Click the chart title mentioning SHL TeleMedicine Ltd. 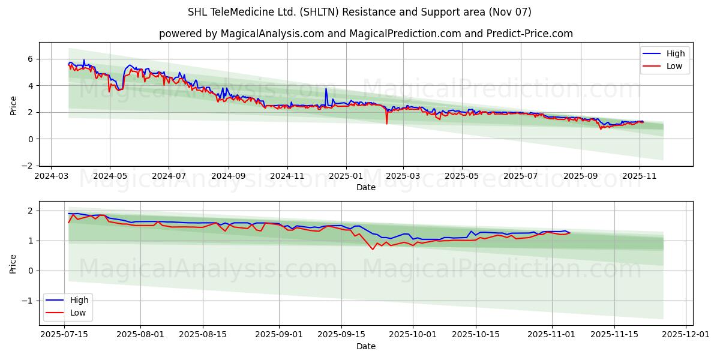click(359, 12)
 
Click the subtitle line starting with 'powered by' click(365, 34)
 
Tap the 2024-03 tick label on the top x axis click(51, 176)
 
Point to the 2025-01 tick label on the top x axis click(346, 176)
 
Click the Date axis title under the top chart click(365, 187)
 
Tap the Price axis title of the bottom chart click(13, 263)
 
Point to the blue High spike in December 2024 click(326, 89)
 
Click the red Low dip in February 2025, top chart click(386, 123)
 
